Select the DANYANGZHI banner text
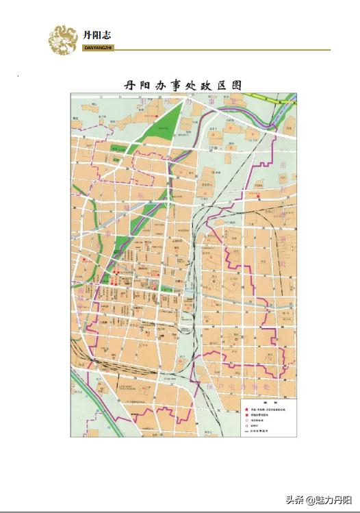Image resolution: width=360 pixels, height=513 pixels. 97,49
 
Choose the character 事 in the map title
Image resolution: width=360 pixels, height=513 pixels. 168,86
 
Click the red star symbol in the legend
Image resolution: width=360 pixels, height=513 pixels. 246,410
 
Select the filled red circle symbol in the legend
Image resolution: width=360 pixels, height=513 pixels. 246,416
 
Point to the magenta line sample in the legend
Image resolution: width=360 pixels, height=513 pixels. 246,433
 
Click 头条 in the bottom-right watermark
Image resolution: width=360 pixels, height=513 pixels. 290,501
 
